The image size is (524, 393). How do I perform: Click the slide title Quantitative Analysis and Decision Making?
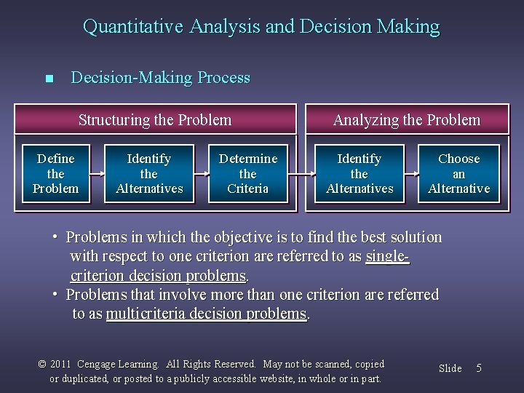pyautogui.click(x=261, y=27)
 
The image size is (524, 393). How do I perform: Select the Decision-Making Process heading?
pyautogui.click(x=160, y=78)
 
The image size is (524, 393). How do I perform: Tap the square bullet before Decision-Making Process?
pyautogui.click(x=49, y=79)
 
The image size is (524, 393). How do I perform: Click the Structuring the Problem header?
pyautogui.click(x=155, y=120)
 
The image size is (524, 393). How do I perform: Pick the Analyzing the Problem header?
pyautogui.click(x=406, y=120)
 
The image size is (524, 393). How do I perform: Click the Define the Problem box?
pyautogui.click(x=55, y=173)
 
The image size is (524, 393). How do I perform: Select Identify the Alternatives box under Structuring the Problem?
pyautogui.click(x=149, y=173)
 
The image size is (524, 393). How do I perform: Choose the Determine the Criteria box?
pyautogui.click(x=248, y=173)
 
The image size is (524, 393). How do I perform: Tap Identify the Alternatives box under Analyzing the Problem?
pyautogui.click(x=360, y=173)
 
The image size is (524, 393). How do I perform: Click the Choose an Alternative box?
pyautogui.click(x=459, y=173)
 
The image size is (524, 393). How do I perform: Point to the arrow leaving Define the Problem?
pyautogui.click(x=93, y=174)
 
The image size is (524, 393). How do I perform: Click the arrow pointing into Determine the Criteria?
pyautogui.click(x=202, y=174)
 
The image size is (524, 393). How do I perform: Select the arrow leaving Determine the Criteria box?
pyautogui.click(x=298, y=174)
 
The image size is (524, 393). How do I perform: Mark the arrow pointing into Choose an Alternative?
pyautogui.click(x=411, y=174)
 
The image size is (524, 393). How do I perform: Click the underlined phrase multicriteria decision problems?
pyautogui.click(x=206, y=314)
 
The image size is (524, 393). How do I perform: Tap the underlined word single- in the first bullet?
pyautogui.click(x=388, y=257)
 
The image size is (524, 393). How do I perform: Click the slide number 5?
pyautogui.click(x=478, y=368)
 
